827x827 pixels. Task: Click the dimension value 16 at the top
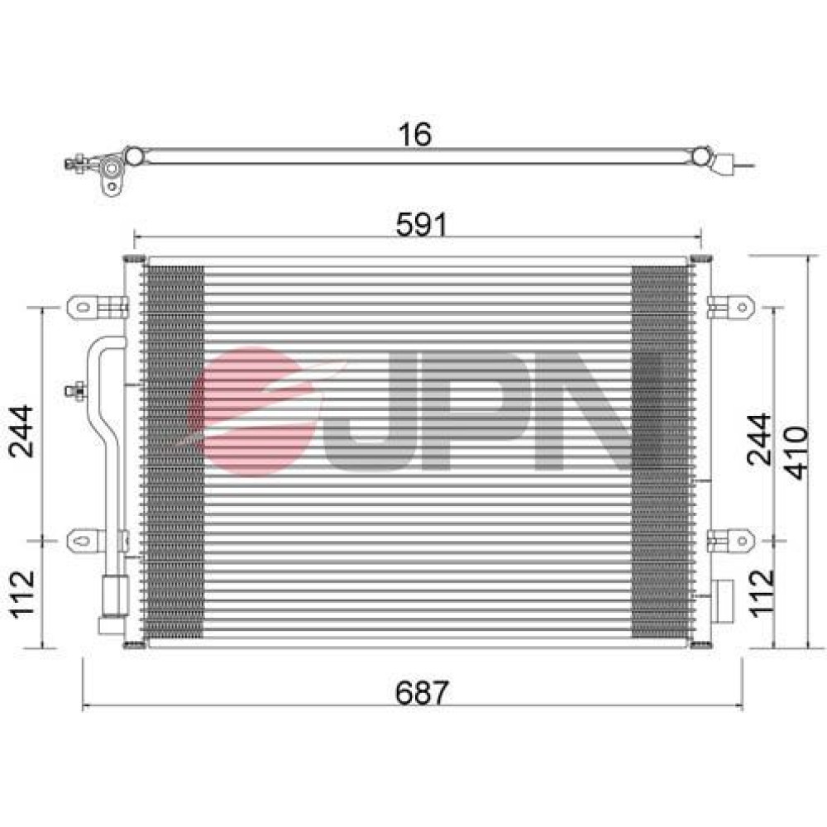(415, 135)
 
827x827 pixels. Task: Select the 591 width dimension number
(422, 225)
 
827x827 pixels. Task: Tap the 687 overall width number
(422, 692)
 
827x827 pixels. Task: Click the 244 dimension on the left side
(22, 431)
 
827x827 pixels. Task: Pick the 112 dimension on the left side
(22, 594)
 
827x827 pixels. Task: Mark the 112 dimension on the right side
(762, 593)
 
